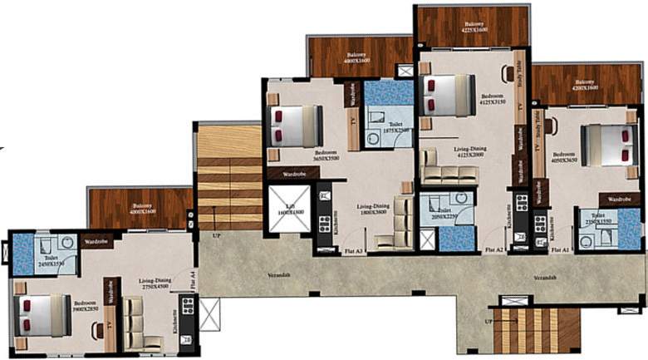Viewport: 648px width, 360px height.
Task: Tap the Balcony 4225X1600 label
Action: pyautogui.click(x=474, y=27)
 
